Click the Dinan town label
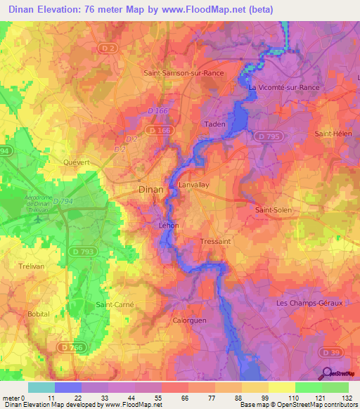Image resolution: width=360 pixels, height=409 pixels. click(x=150, y=190)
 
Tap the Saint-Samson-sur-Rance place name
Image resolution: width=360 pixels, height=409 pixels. click(x=183, y=72)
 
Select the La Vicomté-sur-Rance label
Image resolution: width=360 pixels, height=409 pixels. click(x=284, y=87)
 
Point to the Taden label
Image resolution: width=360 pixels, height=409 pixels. click(x=214, y=124)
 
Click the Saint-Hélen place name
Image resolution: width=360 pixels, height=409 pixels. click(x=333, y=134)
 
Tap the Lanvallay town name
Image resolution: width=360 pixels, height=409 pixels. click(x=194, y=185)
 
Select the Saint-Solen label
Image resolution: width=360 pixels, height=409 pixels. click(x=273, y=209)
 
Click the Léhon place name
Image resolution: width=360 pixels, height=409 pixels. click(x=169, y=226)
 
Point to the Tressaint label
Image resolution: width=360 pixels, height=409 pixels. click(x=215, y=241)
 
